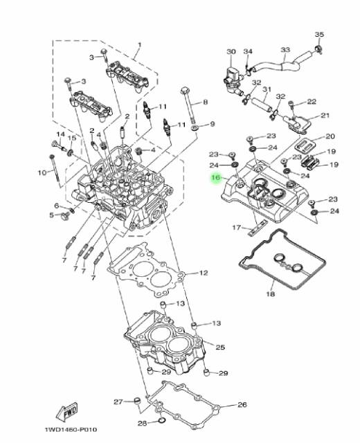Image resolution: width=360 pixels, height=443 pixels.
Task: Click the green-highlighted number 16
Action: coord(216,178)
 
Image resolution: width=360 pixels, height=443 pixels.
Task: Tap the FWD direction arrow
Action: coord(67,410)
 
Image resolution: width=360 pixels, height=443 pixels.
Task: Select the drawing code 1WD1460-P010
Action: coord(71,430)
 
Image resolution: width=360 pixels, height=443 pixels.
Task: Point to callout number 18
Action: coord(271,294)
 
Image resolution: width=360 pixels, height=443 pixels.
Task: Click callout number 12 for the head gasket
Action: coord(204,273)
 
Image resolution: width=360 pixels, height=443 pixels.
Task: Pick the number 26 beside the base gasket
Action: coord(242,404)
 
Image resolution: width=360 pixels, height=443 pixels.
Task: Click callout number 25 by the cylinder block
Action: coord(220,347)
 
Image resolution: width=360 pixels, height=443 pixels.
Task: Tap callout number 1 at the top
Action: coord(139,45)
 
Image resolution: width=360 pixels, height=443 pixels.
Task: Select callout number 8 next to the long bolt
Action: coord(206,102)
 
